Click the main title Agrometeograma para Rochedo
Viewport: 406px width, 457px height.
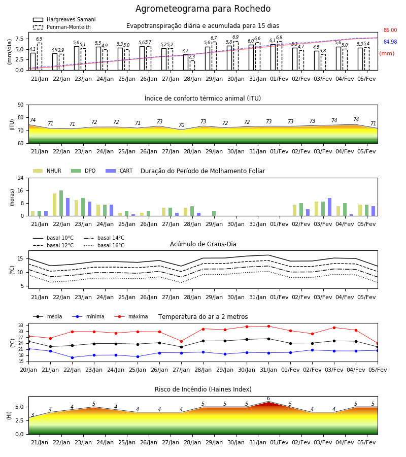(203, 9)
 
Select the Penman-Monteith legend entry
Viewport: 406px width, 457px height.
(62, 27)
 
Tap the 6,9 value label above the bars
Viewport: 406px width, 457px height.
(235, 37)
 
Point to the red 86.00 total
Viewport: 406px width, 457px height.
(390, 30)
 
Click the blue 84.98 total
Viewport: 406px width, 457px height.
(390, 42)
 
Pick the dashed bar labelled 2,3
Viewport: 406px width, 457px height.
(192, 66)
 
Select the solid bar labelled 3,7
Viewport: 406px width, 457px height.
(186, 62)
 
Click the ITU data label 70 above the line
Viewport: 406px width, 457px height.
(182, 125)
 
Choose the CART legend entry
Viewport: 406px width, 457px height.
(119, 171)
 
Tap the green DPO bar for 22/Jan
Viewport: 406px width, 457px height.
(61, 203)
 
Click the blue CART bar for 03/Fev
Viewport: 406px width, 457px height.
(330, 207)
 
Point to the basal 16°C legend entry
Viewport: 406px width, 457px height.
(104, 245)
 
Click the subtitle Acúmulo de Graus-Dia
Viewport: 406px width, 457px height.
(203, 244)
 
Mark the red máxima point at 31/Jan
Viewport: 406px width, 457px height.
(268, 327)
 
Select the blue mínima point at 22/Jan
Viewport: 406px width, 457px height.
(72, 357)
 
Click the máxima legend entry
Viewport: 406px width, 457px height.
(131, 316)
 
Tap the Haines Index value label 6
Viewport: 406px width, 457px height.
(268, 399)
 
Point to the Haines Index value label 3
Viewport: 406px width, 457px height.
(32, 415)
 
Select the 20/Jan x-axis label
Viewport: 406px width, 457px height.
(28, 370)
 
